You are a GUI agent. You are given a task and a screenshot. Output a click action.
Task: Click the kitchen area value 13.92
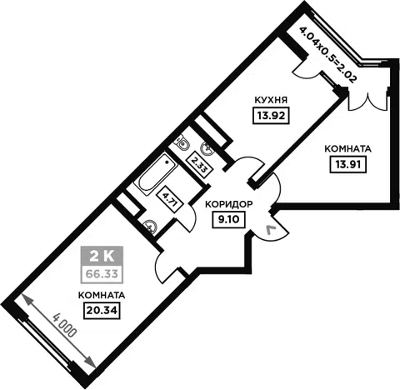click(271, 116)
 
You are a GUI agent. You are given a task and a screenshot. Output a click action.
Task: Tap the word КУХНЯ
click(271, 100)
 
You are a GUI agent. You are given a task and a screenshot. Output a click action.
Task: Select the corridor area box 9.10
click(228, 219)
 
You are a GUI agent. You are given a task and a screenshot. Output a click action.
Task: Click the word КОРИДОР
click(229, 204)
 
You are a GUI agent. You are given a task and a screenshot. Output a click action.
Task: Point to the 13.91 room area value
click(348, 164)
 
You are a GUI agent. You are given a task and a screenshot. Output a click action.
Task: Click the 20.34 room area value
click(102, 310)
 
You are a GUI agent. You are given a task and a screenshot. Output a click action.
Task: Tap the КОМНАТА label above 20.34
click(102, 295)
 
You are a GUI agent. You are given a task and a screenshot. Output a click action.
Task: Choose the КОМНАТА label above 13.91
click(347, 149)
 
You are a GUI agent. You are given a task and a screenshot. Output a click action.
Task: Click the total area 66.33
click(102, 273)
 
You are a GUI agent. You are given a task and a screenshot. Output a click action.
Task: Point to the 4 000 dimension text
click(64, 325)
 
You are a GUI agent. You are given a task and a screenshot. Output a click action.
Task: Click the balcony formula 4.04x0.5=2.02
click(327, 54)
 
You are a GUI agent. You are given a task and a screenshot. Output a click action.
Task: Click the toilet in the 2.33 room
click(182, 142)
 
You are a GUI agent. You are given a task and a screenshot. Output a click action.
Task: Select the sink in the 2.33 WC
click(207, 148)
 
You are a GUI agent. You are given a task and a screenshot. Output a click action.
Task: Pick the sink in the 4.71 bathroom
click(150, 226)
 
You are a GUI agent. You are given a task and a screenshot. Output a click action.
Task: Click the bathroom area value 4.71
click(170, 198)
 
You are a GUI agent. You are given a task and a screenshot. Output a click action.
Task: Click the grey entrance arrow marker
click(271, 230)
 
